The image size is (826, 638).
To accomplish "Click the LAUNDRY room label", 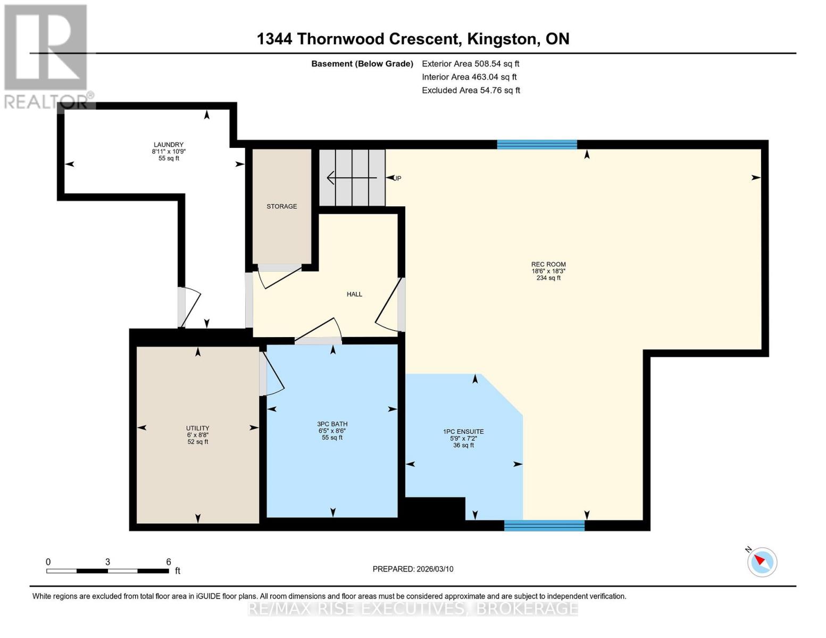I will [x=169, y=145].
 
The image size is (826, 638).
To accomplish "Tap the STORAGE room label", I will [x=282, y=206].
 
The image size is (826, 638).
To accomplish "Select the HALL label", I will [x=354, y=294].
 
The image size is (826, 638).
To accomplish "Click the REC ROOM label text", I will [x=548, y=264].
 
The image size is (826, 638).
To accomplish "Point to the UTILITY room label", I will [x=197, y=428].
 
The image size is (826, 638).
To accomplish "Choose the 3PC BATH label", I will [x=332, y=424].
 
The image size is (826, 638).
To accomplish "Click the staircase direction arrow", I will [x=351, y=178].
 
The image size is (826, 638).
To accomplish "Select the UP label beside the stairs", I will [x=397, y=178].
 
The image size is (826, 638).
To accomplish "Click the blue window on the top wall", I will [x=537, y=144].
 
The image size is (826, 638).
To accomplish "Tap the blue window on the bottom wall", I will [x=544, y=525].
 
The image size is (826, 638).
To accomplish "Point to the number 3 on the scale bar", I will [x=107, y=562].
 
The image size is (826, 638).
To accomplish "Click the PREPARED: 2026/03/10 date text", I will [x=413, y=569].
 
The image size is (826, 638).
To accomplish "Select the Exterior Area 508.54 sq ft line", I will [x=470, y=63].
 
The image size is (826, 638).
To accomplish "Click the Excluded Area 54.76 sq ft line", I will [x=471, y=90].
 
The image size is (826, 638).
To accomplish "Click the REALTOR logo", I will [x=46, y=56].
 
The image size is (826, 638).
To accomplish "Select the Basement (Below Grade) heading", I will [x=362, y=64].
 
